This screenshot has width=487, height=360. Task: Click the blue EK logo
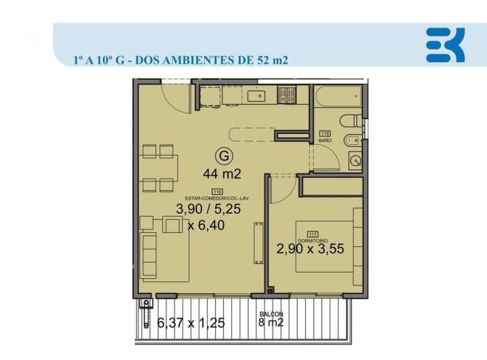(x=445, y=45)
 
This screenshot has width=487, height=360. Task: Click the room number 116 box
(x=218, y=191)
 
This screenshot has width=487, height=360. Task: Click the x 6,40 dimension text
(x=210, y=225)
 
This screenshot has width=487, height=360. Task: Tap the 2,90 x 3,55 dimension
(x=310, y=249)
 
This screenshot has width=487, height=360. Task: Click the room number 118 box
(x=325, y=133)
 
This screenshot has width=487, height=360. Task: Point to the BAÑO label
(x=325, y=140)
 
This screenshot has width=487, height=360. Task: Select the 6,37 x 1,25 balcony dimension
(x=191, y=323)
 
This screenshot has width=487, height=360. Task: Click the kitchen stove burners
(x=287, y=95)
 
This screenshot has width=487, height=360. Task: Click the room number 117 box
(x=312, y=233)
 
